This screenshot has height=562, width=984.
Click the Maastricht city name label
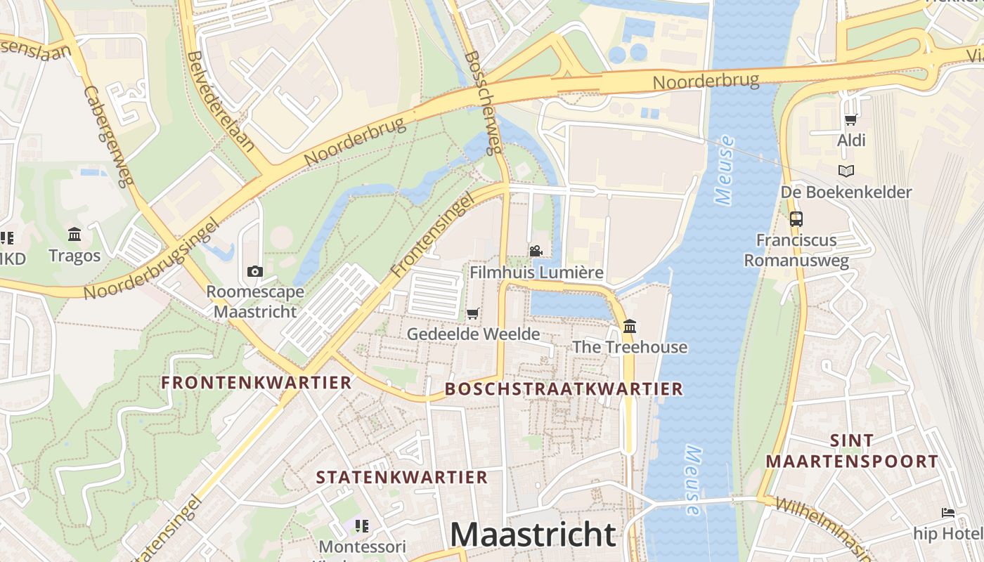pyautogui.click(x=533, y=535)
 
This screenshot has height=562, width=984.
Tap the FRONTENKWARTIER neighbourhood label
pyautogui.click(x=256, y=383)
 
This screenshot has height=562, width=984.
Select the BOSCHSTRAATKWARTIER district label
pyautogui.click(x=564, y=389)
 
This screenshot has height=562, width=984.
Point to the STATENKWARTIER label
pyautogui.click(x=401, y=478)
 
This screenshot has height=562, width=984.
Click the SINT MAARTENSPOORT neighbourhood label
pyautogui.click(x=852, y=451)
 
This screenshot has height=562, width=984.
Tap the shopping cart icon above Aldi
pyautogui.click(x=851, y=120)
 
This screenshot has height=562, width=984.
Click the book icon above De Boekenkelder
pyautogui.click(x=846, y=171)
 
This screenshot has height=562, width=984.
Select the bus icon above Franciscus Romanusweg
pyautogui.click(x=796, y=218)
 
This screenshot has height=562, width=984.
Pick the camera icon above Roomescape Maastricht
pyautogui.click(x=255, y=271)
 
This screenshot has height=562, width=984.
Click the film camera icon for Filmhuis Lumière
pyautogui.click(x=536, y=251)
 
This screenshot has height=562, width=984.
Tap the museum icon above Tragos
pyautogui.click(x=75, y=234)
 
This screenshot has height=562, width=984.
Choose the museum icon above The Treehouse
pyautogui.click(x=630, y=326)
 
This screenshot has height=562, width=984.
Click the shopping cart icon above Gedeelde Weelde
pyautogui.click(x=473, y=313)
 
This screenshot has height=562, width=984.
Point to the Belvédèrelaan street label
pyautogui.click(x=221, y=102)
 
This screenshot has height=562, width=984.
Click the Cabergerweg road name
pyautogui.click(x=108, y=137)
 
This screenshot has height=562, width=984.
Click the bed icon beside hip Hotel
pyautogui.click(x=948, y=513)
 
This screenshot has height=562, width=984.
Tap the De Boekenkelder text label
pyautogui.click(x=846, y=192)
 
